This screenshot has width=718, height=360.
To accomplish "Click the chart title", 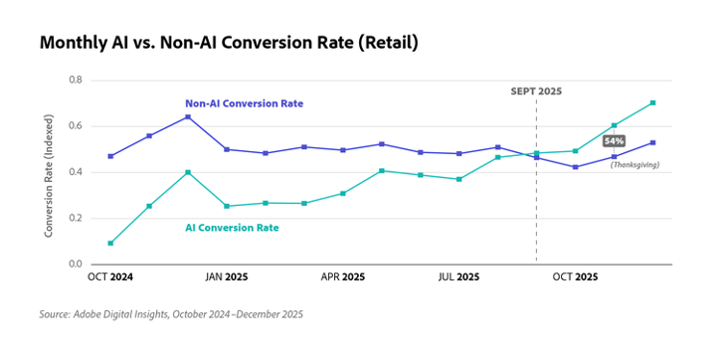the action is [229, 43].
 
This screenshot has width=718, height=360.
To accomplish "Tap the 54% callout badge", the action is [614, 141].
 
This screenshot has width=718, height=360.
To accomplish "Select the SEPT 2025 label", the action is [536, 91].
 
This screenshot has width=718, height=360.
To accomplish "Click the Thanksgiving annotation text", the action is [634, 165].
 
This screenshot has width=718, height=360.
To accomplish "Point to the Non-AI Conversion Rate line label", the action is [244, 103].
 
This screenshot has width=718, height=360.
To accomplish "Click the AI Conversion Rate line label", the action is [232, 228].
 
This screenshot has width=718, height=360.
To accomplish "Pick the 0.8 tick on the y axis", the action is [76, 80].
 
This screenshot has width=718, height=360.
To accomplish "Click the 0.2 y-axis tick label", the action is [76, 218].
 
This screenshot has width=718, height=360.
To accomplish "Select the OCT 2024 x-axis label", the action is [110, 276].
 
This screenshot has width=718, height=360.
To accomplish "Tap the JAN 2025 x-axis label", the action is [227, 276].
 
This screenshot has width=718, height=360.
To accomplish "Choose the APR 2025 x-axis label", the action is [343, 276].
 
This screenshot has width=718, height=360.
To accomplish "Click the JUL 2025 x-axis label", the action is [458, 276].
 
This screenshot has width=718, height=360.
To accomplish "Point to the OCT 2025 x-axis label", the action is [575, 276].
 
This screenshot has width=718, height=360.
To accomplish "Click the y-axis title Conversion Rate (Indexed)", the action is [49, 175].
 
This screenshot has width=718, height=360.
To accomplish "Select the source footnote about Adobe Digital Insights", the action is [171, 314].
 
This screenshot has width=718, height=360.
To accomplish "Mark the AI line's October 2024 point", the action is [110, 244].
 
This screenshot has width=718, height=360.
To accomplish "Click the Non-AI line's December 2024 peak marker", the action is [188, 116].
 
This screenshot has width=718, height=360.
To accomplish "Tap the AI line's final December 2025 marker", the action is [652, 102].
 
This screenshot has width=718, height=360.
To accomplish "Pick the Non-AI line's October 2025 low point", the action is [575, 167].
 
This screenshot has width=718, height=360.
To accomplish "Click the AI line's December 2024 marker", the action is [188, 172].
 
